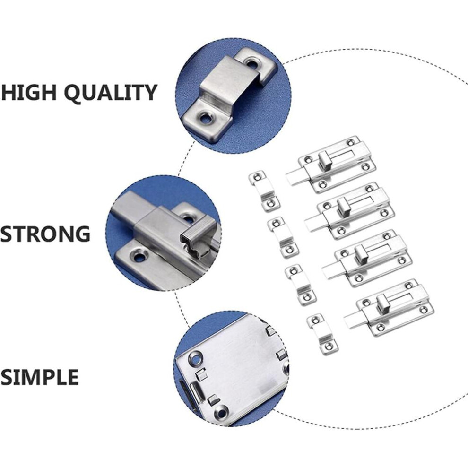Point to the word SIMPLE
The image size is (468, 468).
coord(39,377)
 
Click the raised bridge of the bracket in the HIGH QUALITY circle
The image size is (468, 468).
coord(228,80)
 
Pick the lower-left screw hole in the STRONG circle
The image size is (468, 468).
coord(139,256)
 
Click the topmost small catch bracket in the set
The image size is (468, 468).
coord(264,191)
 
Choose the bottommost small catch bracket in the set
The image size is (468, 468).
coord(322,334)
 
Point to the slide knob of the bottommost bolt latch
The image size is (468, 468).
coord(382,302)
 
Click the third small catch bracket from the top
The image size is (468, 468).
coord(301,285)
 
